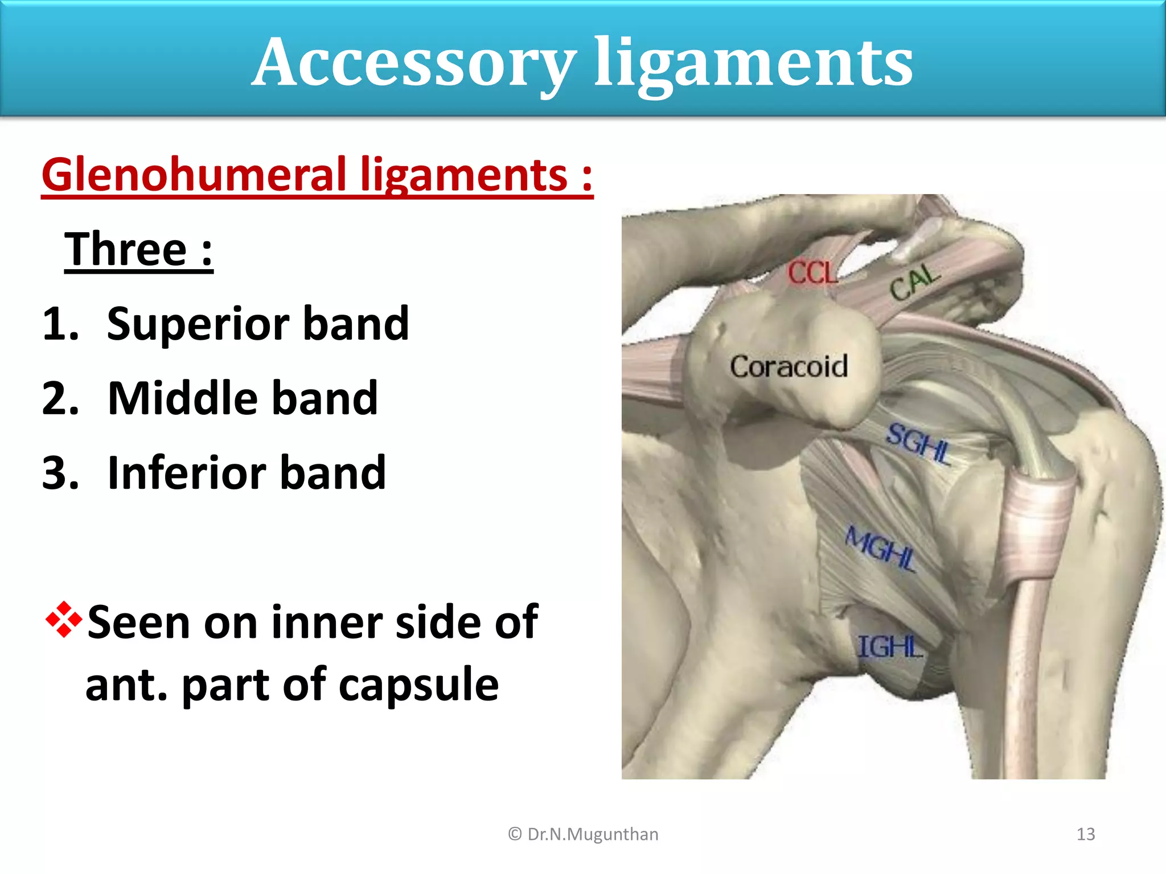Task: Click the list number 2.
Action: [60, 398]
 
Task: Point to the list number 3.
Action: [60, 473]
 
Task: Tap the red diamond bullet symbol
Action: [64, 620]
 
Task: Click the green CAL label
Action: [914, 282]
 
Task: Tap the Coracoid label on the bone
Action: [789, 366]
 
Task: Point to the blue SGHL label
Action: [918, 444]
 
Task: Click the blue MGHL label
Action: [880, 549]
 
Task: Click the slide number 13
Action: [1086, 834]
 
